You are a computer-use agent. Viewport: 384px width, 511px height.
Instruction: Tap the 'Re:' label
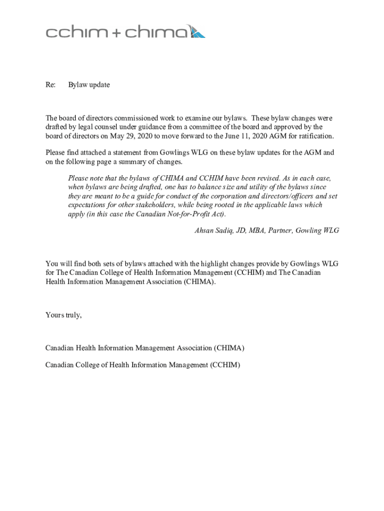[50, 85]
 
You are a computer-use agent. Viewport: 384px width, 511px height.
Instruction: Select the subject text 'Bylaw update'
[89, 85]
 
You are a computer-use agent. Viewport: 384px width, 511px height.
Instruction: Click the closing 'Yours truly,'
[63, 315]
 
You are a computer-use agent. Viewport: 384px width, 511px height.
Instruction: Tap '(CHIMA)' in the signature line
[229, 347]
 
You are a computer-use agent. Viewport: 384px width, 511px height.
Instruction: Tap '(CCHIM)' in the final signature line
[225, 365]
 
